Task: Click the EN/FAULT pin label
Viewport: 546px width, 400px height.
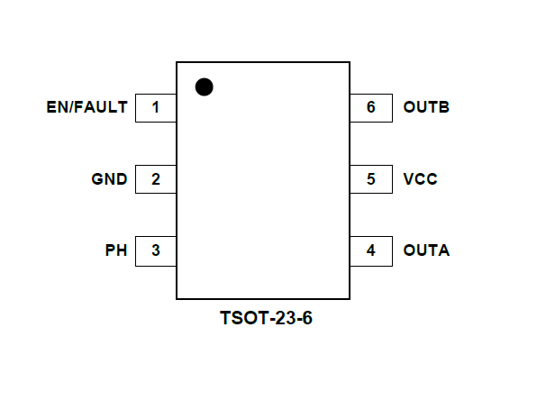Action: [86, 108]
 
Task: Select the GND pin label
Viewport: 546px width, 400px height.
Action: [109, 179]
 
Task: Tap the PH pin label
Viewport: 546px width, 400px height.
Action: [116, 250]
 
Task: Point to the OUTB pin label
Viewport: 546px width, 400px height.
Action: [426, 108]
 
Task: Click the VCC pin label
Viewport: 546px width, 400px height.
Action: [421, 179]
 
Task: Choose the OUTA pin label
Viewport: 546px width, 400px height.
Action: [426, 250]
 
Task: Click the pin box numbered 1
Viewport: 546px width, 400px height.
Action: [155, 108]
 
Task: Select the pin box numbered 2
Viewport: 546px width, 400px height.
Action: [155, 179]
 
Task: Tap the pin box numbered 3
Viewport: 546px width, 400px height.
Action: [155, 250]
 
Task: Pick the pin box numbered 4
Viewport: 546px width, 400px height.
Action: [371, 250]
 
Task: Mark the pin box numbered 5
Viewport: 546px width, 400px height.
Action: [371, 179]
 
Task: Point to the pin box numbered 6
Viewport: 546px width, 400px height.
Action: [371, 108]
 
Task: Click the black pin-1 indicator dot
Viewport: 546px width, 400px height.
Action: [205, 86]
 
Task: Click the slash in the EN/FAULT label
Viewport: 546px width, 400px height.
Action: [70, 108]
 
